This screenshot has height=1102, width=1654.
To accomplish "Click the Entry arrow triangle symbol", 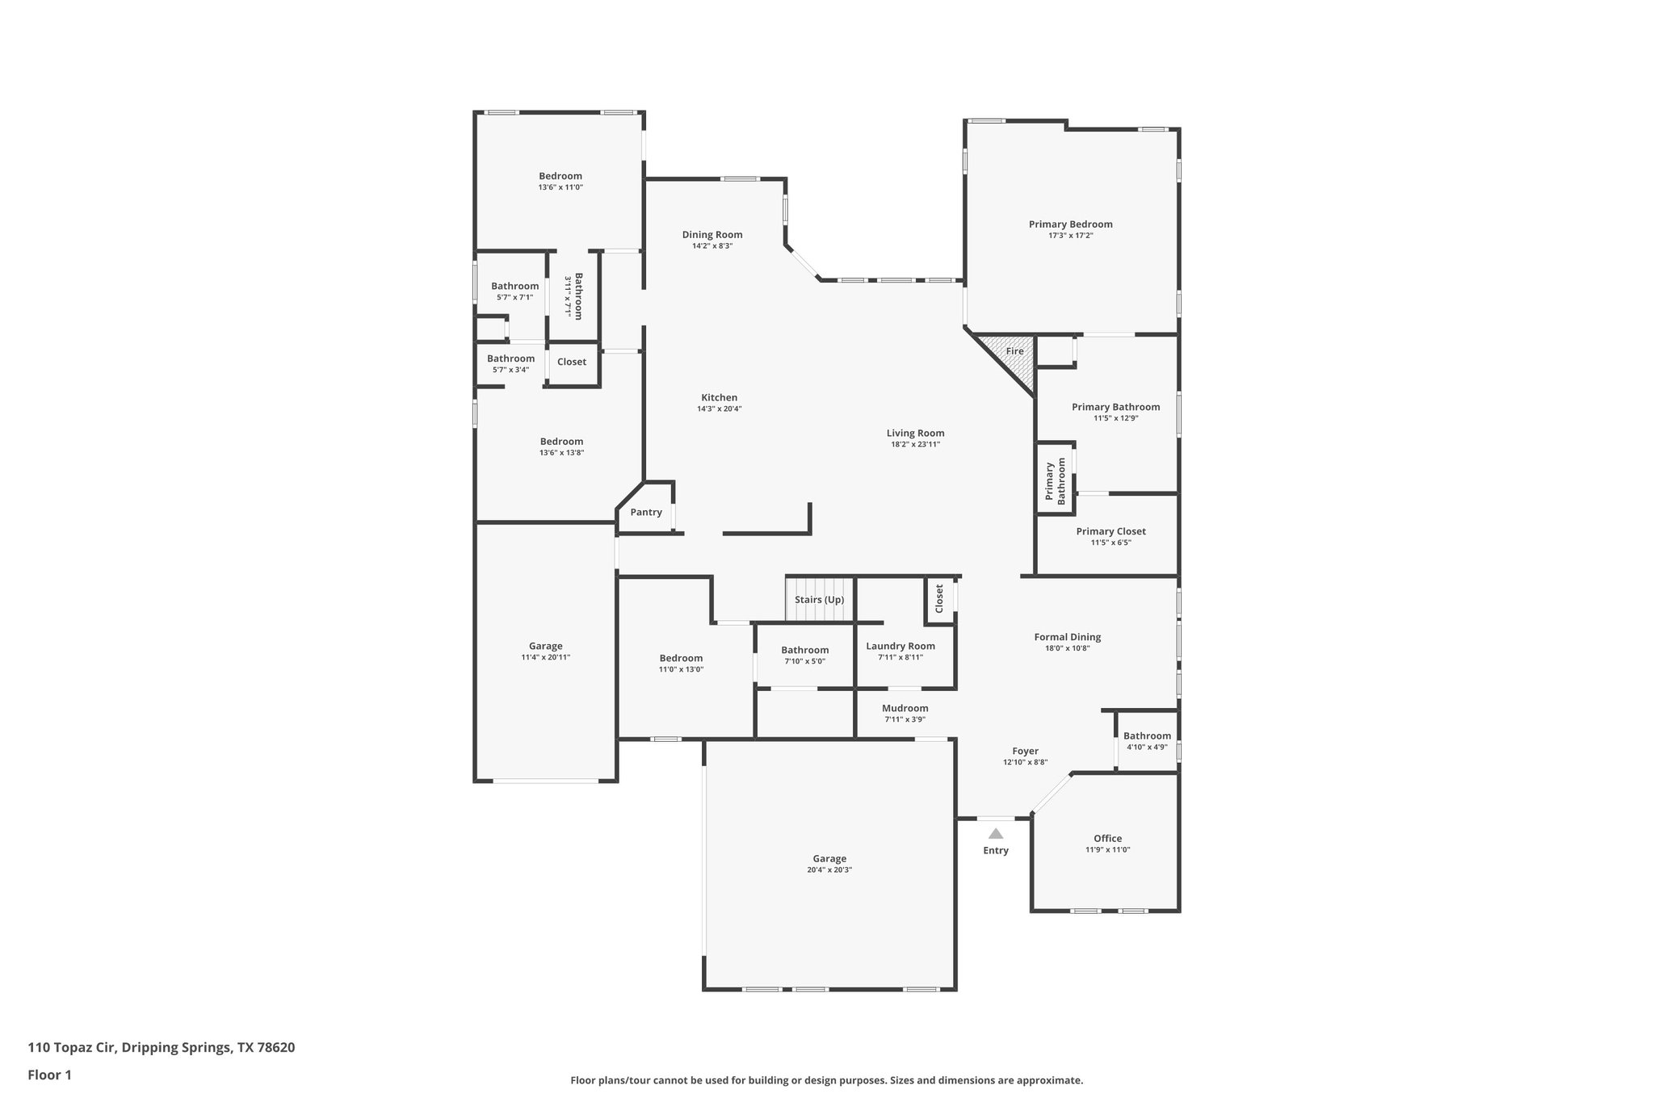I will pyautogui.click(x=996, y=834).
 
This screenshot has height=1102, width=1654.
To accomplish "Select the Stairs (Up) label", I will pyautogui.click(x=819, y=600).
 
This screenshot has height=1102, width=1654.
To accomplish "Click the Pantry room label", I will pyautogui.click(x=646, y=512).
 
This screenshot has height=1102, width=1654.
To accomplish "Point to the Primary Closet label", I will pyautogui.click(x=1110, y=531).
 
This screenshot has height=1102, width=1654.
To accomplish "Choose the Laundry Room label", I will pyautogui.click(x=900, y=646).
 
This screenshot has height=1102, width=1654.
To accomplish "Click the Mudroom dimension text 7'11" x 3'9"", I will pyautogui.click(x=905, y=719).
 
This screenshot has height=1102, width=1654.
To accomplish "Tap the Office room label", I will pyautogui.click(x=1107, y=838).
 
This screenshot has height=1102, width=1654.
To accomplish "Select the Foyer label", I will pyautogui.click(x=1025, y=751).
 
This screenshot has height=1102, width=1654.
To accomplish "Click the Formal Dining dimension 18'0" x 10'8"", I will pyautogui.click(x=1067, y=648).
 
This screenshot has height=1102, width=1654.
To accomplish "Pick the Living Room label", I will pyautogui.click(x=915, y=433).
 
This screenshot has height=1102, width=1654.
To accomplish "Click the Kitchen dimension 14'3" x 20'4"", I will pyautogui.click(x=719, y=409).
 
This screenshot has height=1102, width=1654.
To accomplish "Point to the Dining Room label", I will pyautogui.click(x=712, y=235).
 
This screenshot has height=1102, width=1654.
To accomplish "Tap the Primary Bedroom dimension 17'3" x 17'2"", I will pyautogui.click(x=1070, y=236).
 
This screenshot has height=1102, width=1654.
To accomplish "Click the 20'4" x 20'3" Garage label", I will pyautogui.click(x=829, y=859).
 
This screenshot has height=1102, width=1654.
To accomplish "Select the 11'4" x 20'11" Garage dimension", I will pyautogui.click(x=545, y=657).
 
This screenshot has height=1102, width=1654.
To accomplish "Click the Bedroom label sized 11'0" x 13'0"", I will pyautogui.click(x=681, y=658).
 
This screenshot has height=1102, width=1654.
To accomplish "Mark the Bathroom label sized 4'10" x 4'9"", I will pyautogui.click(x=1147, y=735).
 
